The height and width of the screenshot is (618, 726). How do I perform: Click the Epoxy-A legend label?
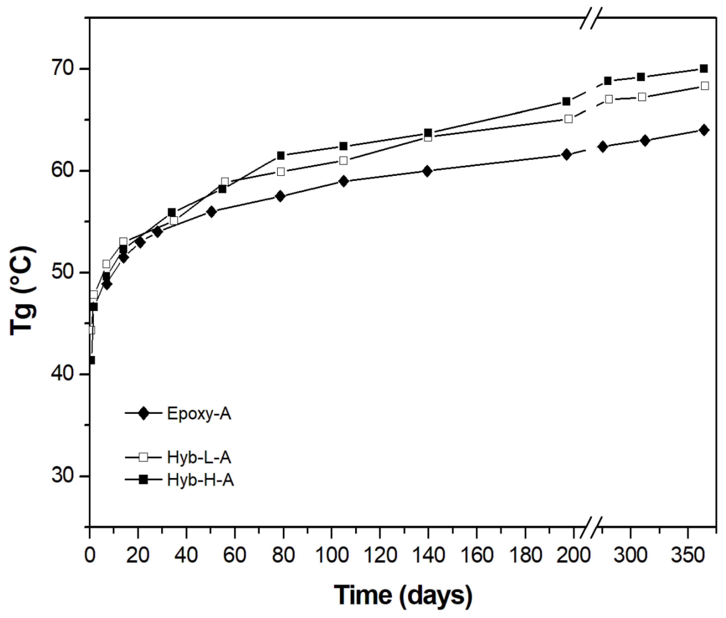(199, 414)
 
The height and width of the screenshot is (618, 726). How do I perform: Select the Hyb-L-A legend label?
(199, 458)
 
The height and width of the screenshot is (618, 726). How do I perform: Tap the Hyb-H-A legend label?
(200, 480)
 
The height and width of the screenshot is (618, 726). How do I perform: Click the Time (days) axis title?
(403, 595)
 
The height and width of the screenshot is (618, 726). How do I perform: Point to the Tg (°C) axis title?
(23, 291)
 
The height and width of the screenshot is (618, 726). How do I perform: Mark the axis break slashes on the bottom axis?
(592, 527)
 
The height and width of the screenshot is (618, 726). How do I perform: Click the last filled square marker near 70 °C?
(703, 68)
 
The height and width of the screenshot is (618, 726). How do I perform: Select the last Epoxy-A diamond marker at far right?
(703, 130)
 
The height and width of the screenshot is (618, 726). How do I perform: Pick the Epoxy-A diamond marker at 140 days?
(427, 171)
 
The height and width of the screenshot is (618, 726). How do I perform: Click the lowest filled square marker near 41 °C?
(91, 360)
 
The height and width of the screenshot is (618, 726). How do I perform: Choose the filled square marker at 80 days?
(281, 155)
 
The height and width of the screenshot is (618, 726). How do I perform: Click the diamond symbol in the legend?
(144, 413)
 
